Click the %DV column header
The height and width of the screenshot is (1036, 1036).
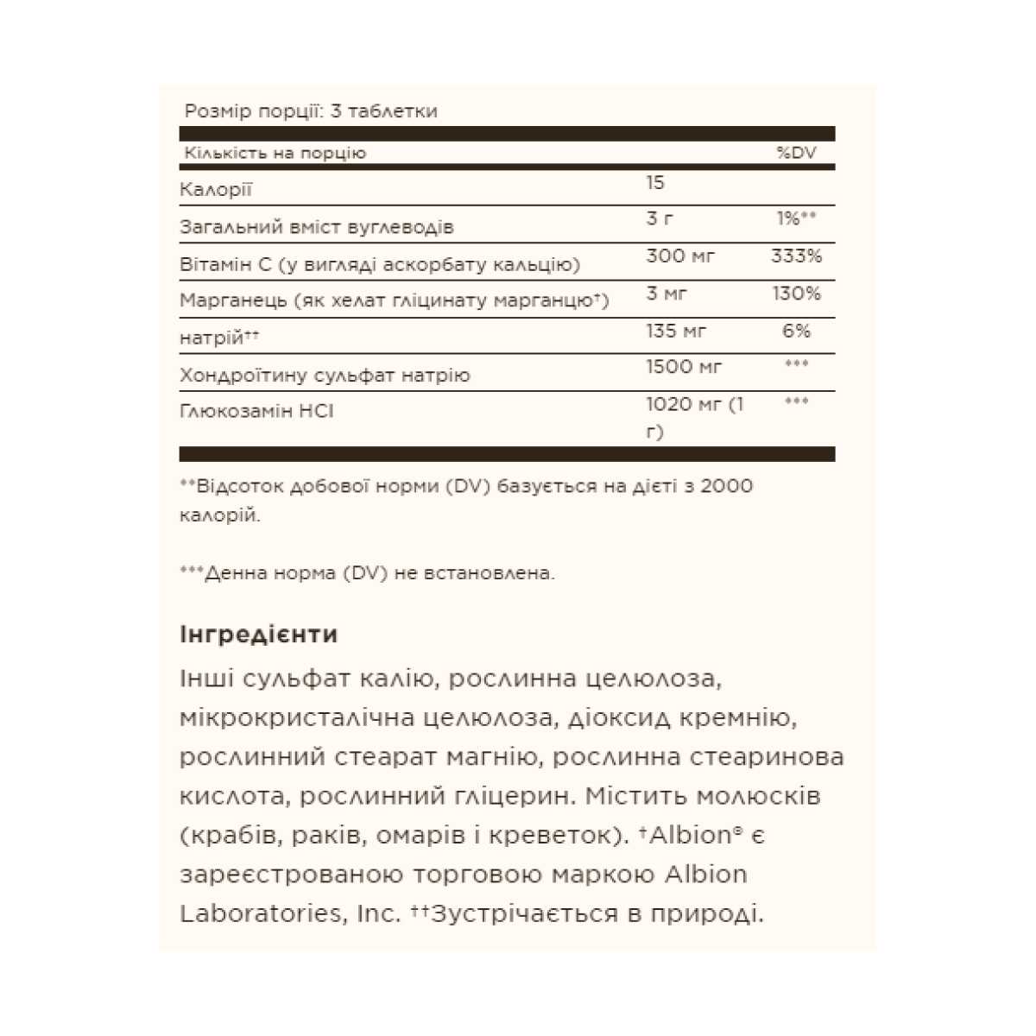coord(795,153)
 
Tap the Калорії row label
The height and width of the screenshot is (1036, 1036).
coord(216,190)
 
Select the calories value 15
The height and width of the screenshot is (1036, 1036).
coord(655,183)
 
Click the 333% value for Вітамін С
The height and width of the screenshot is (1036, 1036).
coord(795,256)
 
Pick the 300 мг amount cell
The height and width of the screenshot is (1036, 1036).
coord(680,256)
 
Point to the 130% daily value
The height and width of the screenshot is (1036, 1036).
coord(795,294)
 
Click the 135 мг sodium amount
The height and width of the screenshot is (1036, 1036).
coord(677,331)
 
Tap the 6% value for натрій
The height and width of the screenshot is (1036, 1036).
coord(796,331)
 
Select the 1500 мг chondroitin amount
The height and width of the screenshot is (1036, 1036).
coord(684,367)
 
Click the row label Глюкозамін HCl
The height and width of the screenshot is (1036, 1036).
coord(256,411)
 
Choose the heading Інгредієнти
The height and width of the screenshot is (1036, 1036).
coord(258,635)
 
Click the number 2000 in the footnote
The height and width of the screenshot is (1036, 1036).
coord(726,486)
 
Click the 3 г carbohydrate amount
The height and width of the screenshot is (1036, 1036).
coord(660,219)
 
